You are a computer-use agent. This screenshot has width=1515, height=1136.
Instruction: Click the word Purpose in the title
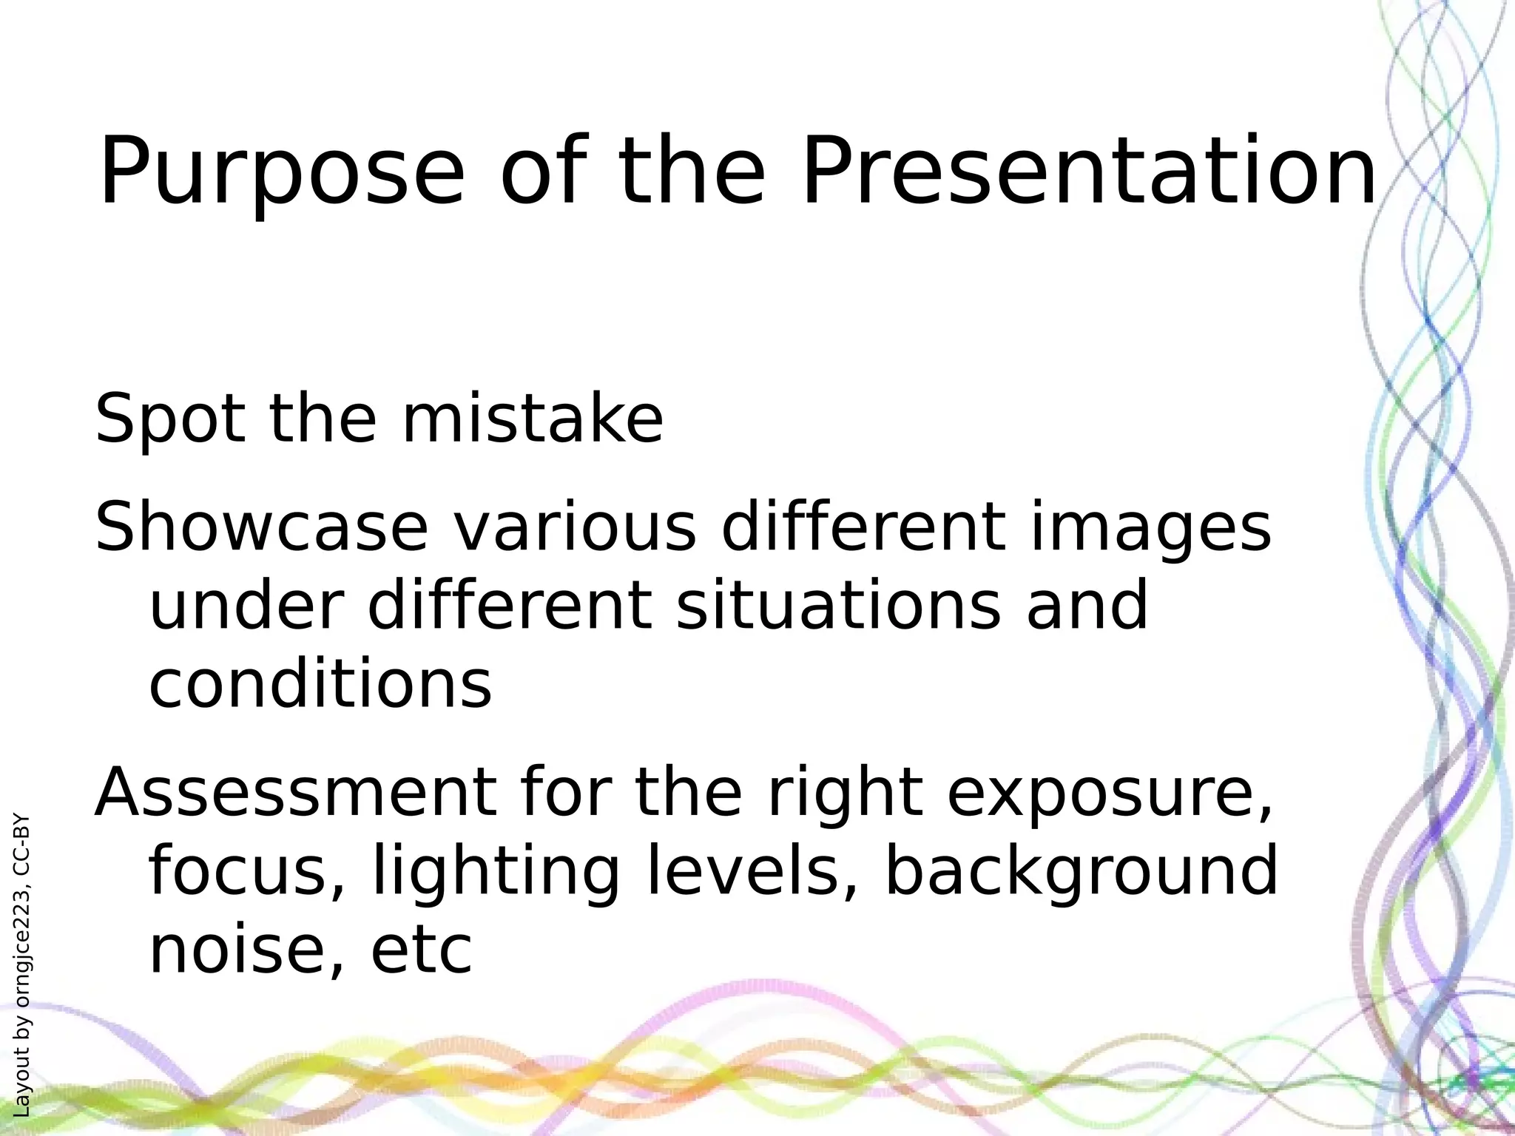coord(281,172)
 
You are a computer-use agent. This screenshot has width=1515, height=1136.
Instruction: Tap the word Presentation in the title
coord(1089,172)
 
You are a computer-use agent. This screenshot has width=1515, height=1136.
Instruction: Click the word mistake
coord(531,419)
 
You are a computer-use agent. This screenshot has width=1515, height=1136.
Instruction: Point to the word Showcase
coord(261,527)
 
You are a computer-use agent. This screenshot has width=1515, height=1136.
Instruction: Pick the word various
coord(574,527)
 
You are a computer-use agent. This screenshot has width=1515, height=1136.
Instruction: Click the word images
coord(1150,527)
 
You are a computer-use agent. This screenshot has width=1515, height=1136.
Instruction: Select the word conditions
coord(320,683)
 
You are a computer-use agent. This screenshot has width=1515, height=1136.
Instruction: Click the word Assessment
coord(294,793)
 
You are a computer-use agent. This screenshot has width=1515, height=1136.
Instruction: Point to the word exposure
coord(1110,793)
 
